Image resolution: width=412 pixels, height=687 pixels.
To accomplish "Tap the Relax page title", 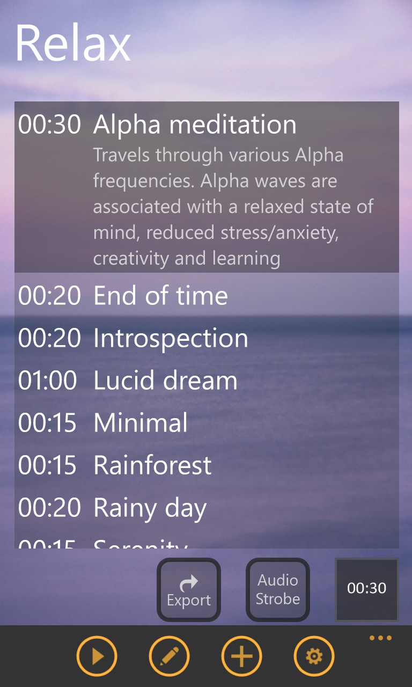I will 73,43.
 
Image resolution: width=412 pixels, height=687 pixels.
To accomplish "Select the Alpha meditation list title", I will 195,125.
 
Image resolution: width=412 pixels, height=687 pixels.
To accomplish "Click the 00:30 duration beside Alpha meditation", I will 49,125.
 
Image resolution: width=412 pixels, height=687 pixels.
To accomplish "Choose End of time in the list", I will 160,296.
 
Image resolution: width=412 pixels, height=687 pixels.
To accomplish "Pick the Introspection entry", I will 171,338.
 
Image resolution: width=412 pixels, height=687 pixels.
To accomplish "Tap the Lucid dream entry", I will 165,381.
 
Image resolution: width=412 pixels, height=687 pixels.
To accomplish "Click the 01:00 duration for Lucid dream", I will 48,381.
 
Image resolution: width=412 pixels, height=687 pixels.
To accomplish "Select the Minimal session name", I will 141,423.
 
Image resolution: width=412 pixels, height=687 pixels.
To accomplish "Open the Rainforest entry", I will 152,465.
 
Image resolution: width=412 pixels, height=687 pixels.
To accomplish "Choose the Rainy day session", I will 150,508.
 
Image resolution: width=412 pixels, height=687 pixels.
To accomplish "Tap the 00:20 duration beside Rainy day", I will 49,508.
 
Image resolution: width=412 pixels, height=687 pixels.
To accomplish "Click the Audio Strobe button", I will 277,589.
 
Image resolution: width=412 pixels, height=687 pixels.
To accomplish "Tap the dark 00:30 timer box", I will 367,589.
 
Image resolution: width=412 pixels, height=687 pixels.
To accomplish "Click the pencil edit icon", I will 169,656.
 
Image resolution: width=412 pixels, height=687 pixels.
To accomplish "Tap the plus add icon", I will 241,656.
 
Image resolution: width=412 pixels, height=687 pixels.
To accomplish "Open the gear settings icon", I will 314,656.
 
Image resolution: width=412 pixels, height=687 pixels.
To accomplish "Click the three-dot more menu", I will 380,638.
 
